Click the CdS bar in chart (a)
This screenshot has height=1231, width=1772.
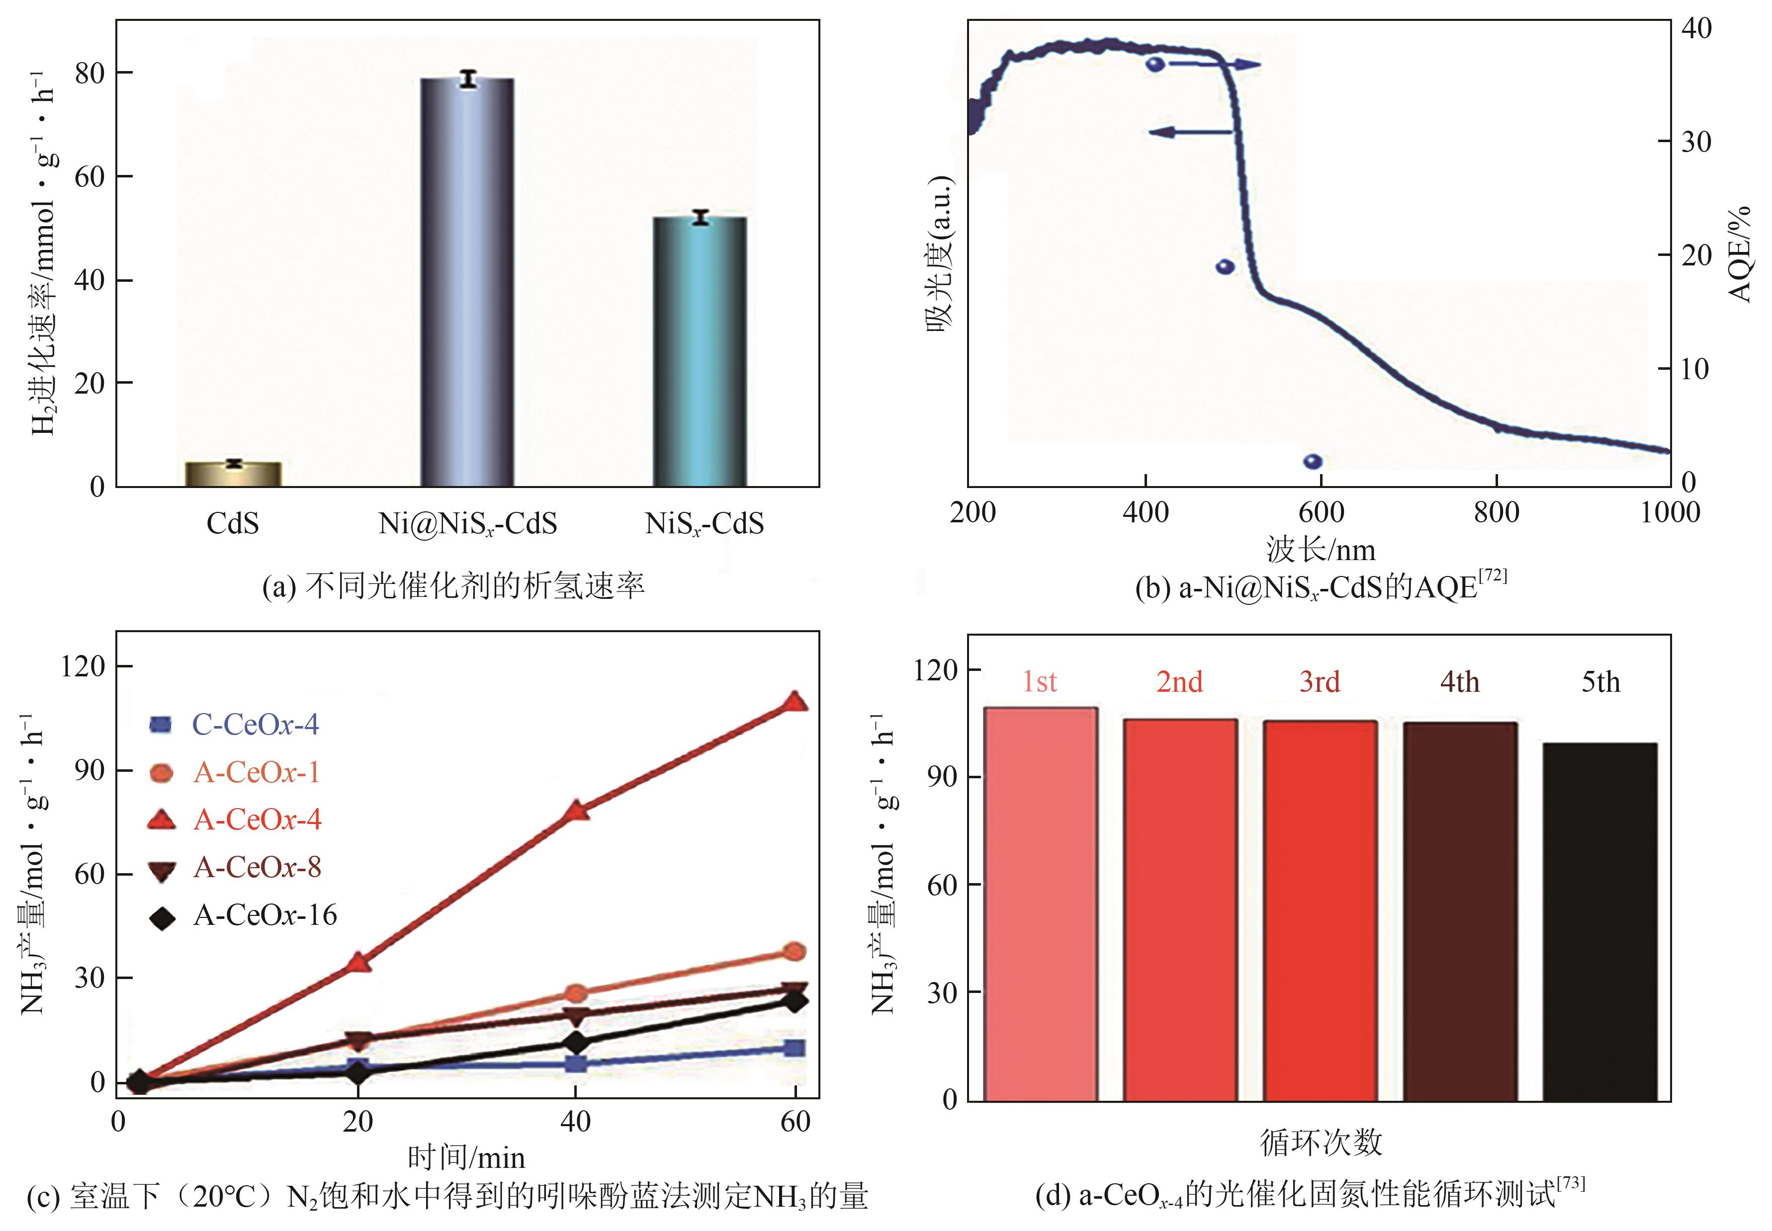tap(234, 474)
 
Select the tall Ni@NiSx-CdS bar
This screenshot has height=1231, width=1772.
tap(467, 281)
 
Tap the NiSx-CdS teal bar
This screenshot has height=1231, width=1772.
tap(700, 351)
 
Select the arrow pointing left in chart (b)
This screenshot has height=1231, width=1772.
tap(1192, 132)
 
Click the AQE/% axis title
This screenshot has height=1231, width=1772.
tap(1740, 254)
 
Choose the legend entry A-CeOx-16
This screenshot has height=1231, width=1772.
tap(265, 915)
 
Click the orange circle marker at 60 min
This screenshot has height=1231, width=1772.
tap(794, 952)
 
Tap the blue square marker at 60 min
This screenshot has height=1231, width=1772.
tap(794, 1048)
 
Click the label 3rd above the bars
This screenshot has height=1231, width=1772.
tap(1320, 682)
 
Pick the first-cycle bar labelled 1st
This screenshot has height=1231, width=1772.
tap(1041, 903)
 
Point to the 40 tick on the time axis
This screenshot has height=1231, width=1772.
tap(575, 1122)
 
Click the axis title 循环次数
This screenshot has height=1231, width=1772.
tap(1321, 1143)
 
